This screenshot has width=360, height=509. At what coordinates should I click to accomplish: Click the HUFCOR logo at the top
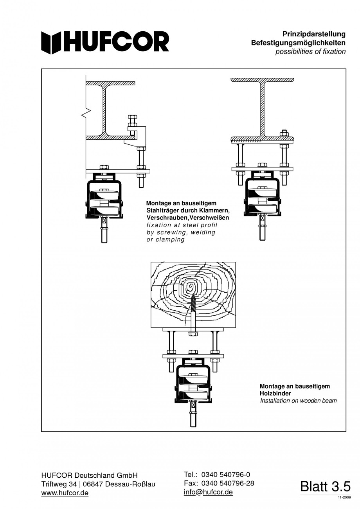(x=105, y=43)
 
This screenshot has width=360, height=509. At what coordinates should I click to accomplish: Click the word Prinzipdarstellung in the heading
(x=314, y=34)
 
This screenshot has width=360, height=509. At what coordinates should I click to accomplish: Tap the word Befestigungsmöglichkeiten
(x=298, y=43)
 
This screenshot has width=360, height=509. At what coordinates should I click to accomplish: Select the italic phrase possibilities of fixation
(x=310, y=52)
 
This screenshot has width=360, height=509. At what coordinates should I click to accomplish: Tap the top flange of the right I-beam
(x=263, y=80)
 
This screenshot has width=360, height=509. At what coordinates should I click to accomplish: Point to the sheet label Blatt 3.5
(x=325, y=486)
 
